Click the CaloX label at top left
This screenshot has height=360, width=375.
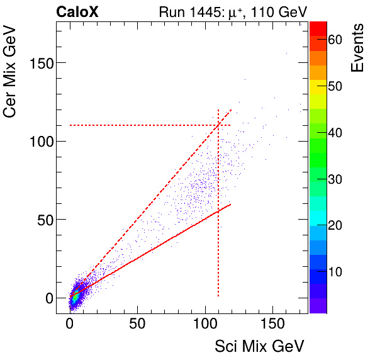(76, 11)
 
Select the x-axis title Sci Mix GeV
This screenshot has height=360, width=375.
(259, 346)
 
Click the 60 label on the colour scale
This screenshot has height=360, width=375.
(335, 40)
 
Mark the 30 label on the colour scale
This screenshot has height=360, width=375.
(335, 179)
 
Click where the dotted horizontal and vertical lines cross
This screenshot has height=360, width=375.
(218, 125)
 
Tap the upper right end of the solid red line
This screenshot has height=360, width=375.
(231, 204)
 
